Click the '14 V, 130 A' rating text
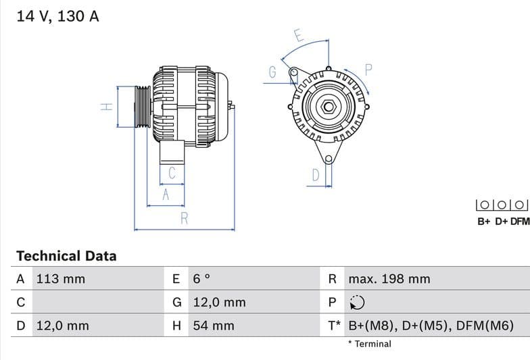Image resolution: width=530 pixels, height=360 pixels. coord(57,16)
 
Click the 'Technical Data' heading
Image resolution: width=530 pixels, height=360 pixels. coord(66,256)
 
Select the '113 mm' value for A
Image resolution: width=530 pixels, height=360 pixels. coord(60,279)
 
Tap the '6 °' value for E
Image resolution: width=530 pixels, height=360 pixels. coord(202,279)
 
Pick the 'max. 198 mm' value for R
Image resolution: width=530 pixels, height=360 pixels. coord(389,279)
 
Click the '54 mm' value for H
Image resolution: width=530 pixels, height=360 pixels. coord(214,326)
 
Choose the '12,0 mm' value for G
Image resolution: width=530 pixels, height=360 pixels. coord(219,302)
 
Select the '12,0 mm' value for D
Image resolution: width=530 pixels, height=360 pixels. coord(62,326)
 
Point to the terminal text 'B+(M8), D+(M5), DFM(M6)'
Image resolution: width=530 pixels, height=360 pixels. coord(431,326)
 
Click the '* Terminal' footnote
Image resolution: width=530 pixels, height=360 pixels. coord(370,344)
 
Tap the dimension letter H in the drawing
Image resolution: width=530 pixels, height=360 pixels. coord(106,107)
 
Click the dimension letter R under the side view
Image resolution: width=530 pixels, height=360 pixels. coord(184,218)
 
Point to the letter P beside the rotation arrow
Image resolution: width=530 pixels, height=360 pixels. coord(369,69)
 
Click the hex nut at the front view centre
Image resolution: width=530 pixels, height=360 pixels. coord(328,107)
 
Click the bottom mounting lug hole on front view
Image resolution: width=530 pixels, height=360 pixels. coord(329,159)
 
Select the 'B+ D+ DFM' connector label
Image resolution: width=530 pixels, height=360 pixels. coord(503,221)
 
